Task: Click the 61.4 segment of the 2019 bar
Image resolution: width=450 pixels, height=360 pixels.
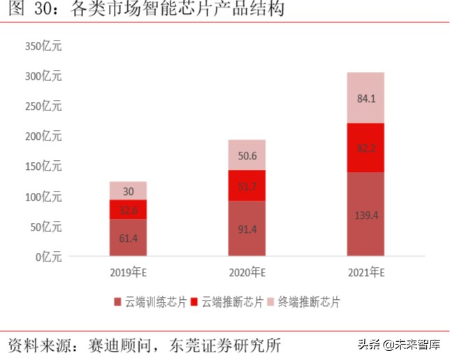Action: click(128, 238)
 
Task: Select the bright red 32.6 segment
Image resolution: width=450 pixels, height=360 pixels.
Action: click(128, 210)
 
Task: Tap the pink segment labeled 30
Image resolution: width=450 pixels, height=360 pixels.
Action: click(128, 191)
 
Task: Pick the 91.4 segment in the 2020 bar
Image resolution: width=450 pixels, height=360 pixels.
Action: click(247, 229)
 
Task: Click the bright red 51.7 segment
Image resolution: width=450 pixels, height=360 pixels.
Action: click(247, 185)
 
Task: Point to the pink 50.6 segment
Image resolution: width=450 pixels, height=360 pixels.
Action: click(247, 154)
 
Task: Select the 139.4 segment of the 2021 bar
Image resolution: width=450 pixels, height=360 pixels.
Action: click(365, 215)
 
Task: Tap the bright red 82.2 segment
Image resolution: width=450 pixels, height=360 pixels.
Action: click(365, 147)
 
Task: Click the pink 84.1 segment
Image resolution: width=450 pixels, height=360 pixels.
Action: click(365, 98)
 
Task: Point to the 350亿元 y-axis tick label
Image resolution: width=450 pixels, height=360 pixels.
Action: click(43, 46)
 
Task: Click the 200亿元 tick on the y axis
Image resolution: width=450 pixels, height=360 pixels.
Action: click(43, 136)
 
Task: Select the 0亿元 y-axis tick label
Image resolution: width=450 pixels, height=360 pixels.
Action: click(48, 257)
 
